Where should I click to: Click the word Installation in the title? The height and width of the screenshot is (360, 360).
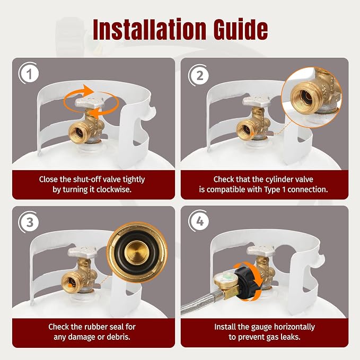pyautogui.click(x=149, y=29)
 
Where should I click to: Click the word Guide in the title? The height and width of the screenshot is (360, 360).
pyautogui.click(x=240, y=29)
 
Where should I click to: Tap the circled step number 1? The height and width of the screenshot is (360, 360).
pyautogui.click(x=29, y=74)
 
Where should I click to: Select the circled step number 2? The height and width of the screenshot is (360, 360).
pyautogui.click(x=199, y=75)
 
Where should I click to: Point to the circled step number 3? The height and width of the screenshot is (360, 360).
pyautogui.click(x=30, y=223)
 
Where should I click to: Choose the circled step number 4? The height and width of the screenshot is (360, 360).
pyautogui.click(x=199, y=222)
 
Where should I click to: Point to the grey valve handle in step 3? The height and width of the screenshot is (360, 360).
pyautogui.click(x=82, y=252)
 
